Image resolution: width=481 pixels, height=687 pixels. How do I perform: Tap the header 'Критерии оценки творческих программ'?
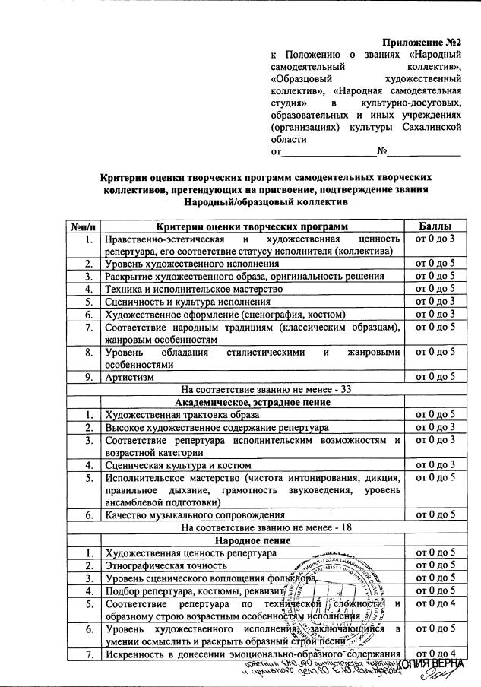tap(252, 226)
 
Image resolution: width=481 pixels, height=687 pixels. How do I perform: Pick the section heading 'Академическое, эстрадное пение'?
tap(252, 402)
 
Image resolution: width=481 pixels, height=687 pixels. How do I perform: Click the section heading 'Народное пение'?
tap(252, 540)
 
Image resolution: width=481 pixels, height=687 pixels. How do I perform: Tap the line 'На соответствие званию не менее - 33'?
tap(252, 390)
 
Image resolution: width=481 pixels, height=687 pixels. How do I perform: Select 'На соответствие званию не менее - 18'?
tap(252, 527)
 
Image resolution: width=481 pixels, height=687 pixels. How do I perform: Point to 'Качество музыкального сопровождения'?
tap(195, 514)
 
